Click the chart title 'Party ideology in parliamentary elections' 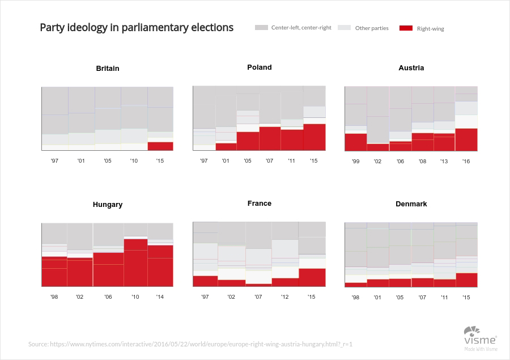pos(137,28)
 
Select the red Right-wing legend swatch pos(406,28)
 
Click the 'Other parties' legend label pos(372,28)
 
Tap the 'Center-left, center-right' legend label pos(301,28)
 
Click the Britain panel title pos(108,69)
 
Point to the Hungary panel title pos(108,205)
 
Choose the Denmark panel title pos(411,204)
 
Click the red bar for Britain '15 pos(160,146)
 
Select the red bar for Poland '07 pos(270,139)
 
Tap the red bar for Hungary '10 pos(135,262)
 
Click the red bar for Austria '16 pos(466,139)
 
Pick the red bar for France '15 pos(312,277)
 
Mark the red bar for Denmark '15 pos(467,280)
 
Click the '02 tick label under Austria pos(377,161)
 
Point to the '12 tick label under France pos(284,297)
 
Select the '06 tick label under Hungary pos(108,297)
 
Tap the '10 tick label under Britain pos(134,160)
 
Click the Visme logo pos(481,338)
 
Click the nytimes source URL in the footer pos(201,344)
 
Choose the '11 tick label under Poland pos(291,160)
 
